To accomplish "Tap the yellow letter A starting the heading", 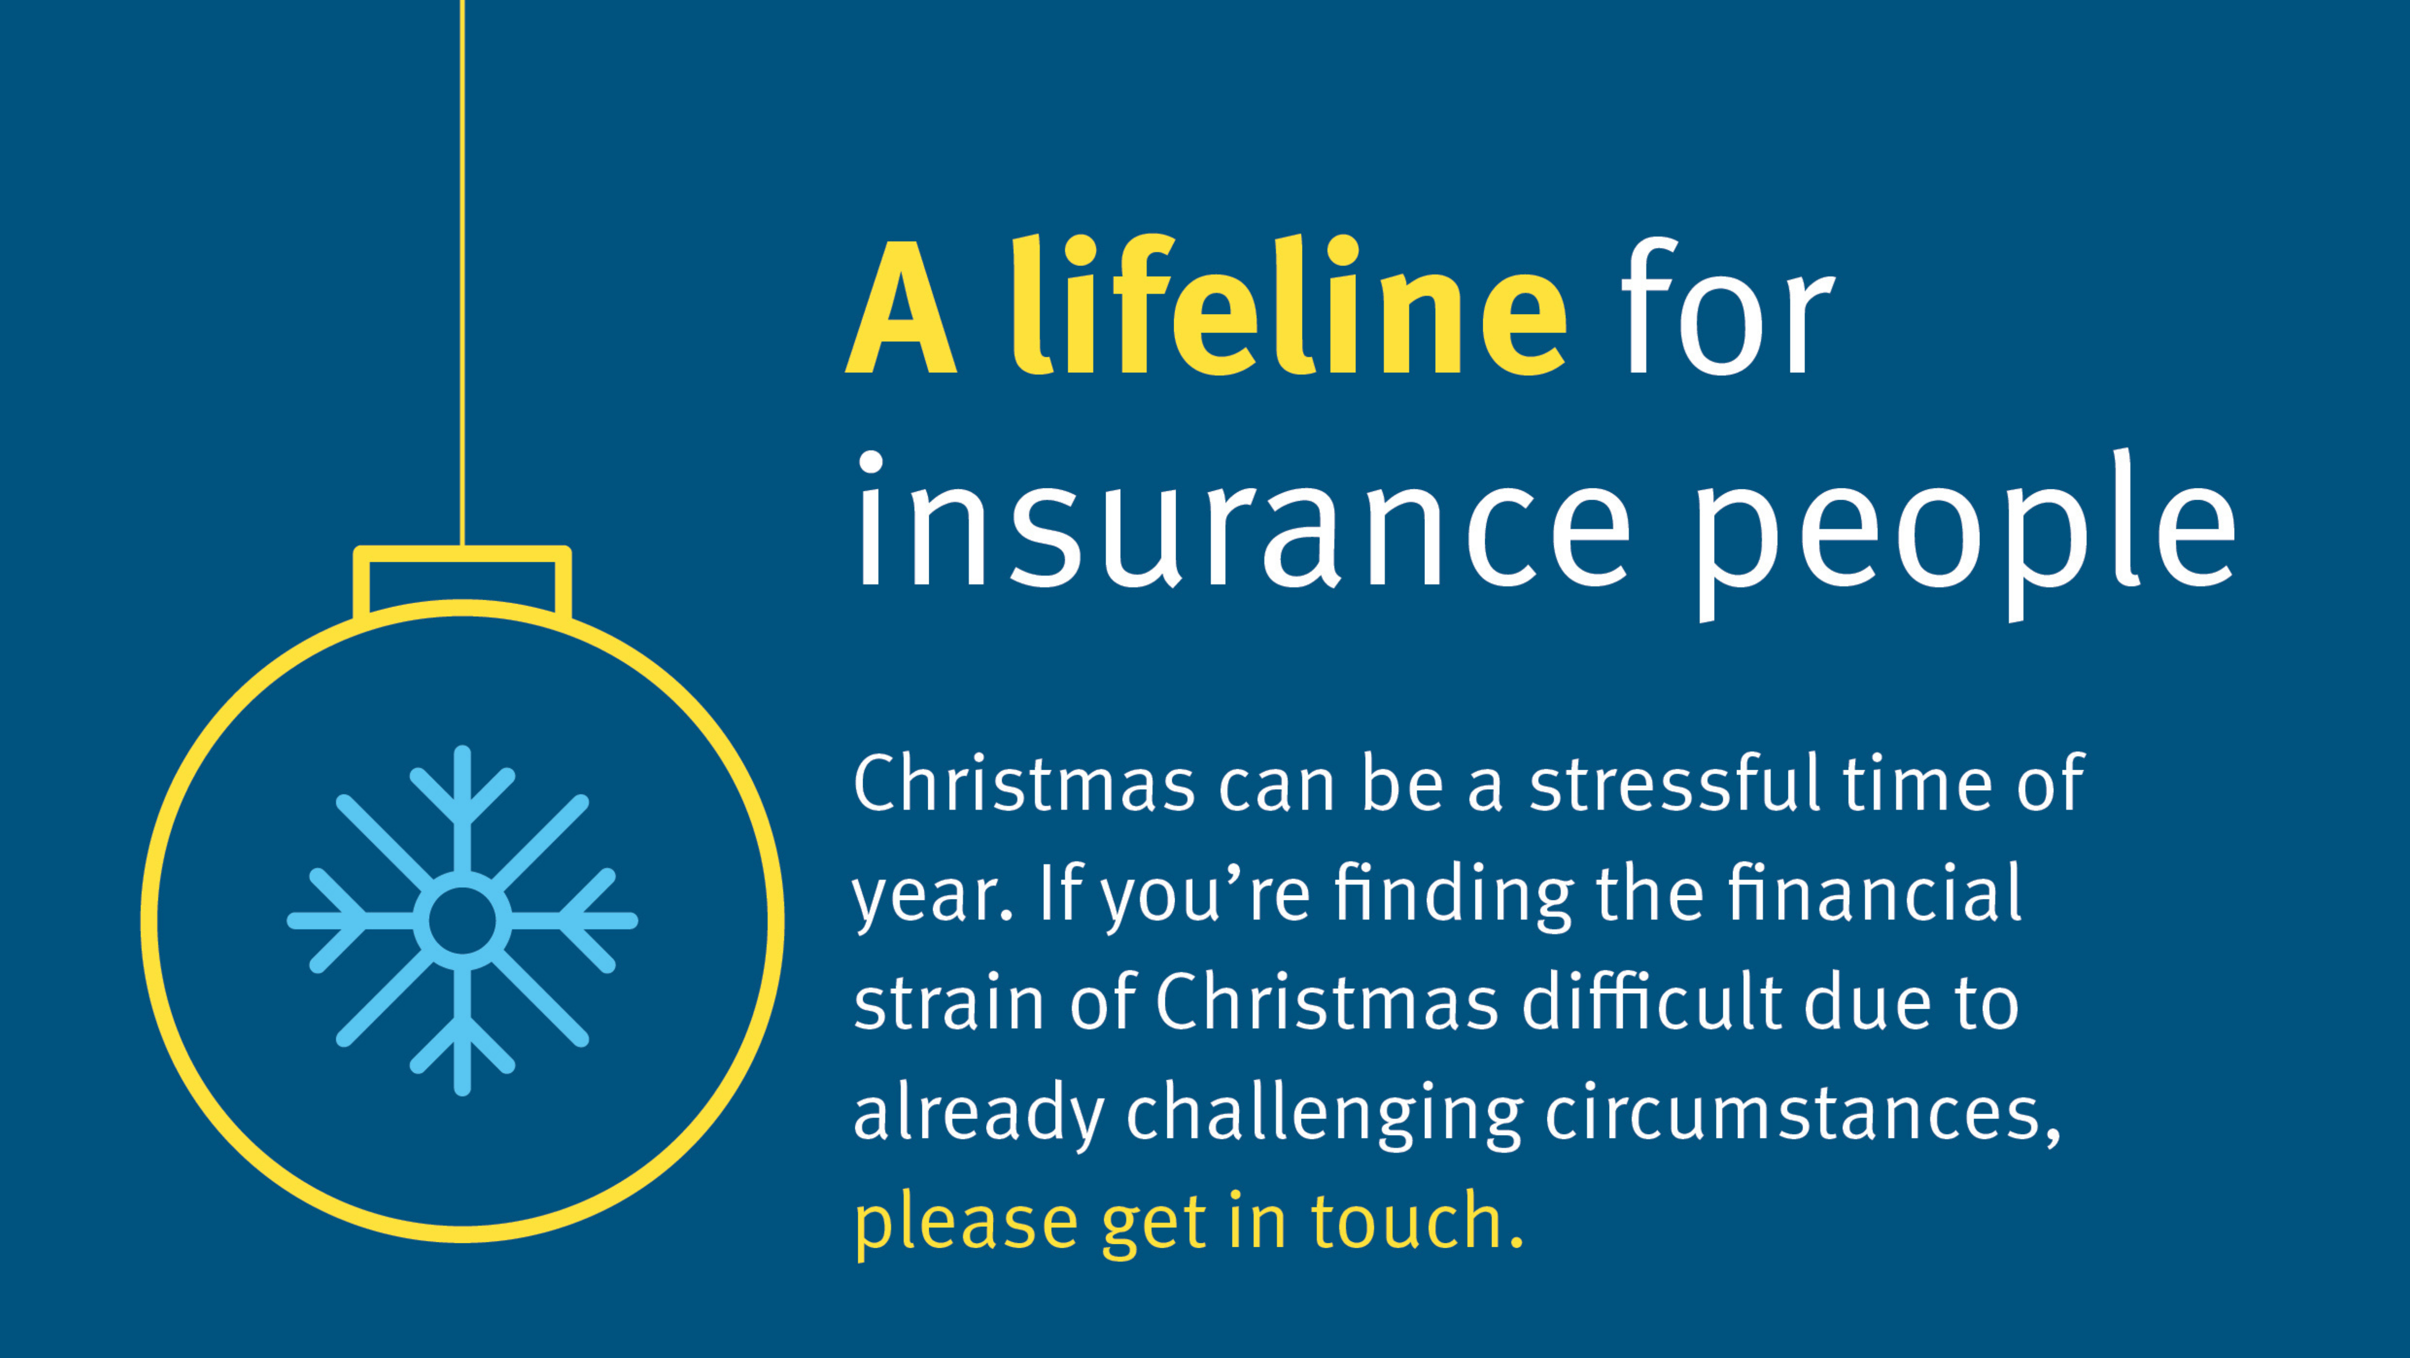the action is [901, 309].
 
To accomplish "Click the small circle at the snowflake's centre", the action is [462, 920].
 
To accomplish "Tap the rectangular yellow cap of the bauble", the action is [462, 582].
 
